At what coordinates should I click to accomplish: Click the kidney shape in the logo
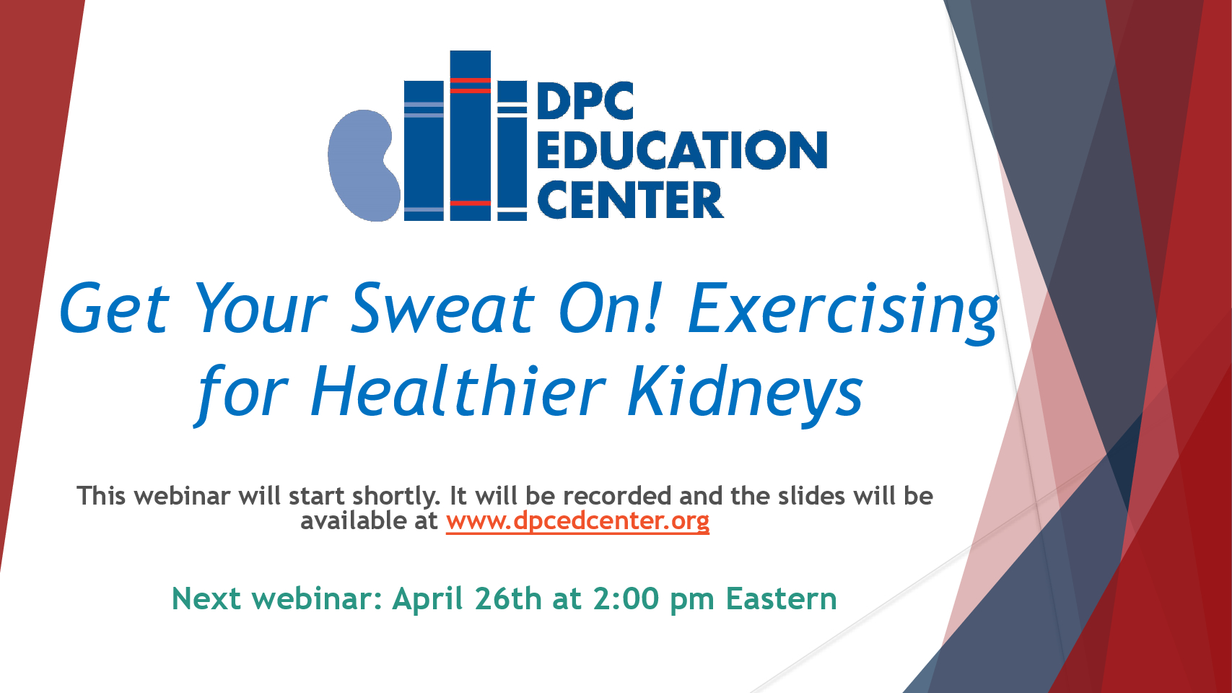coord(363,165)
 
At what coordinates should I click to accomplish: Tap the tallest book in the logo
coord(471,135)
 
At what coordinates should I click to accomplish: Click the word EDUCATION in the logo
coord(682,149)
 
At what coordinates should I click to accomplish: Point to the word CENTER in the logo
coord(630,200)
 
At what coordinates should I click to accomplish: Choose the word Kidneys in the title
coord(746,394)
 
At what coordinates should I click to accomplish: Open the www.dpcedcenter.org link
coord(577,521)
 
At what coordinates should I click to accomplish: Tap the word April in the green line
coord(427,599)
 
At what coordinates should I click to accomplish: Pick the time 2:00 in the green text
coord(626,598)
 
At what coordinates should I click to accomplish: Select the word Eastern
coord(781,598)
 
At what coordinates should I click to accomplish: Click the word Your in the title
coord(261,308)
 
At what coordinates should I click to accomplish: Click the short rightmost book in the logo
coord(512,151)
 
